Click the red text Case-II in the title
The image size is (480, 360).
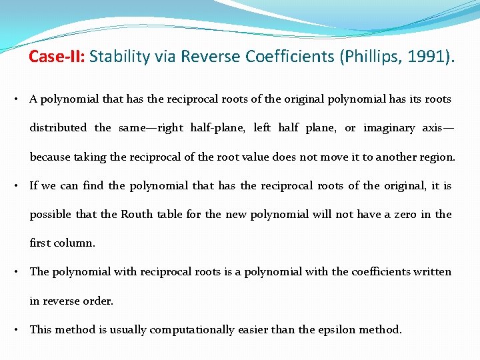coord(56,57)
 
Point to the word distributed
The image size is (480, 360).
coord(58,128)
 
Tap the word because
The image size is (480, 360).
coord(49,157)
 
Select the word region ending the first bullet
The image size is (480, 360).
coord(435,157)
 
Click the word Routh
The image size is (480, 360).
coord(137,215)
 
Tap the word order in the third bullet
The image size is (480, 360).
coord(98,301)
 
